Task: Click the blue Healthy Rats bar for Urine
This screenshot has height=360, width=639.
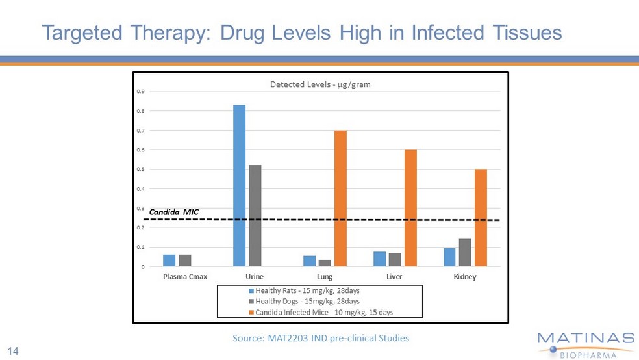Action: coord(239,185)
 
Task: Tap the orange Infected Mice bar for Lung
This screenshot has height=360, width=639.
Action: coord(340,198)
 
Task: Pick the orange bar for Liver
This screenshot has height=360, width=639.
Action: coord(410,208)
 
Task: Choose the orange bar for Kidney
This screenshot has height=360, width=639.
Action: coord(481,218)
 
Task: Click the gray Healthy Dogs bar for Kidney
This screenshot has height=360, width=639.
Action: coord(465,253)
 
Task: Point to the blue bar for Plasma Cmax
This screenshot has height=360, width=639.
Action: coord(169,261)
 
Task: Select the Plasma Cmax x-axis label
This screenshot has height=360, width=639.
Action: coord(185,277)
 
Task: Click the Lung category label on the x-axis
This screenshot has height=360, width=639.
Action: coord(326,277)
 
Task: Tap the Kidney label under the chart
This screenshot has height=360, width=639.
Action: coord(465,277)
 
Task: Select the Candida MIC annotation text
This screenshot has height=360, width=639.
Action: coord(173,212)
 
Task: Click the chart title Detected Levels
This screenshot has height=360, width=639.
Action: coord(320,84)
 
